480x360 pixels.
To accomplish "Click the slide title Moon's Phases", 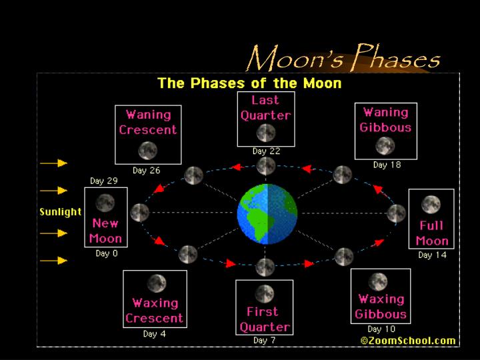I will [343, 58].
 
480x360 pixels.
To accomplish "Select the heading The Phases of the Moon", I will [249, 83].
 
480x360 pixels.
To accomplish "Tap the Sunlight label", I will [60, 212].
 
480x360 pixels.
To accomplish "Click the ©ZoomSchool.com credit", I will [408, 340].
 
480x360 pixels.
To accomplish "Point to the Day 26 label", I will [146, 171].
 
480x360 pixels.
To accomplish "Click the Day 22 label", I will [266, 151].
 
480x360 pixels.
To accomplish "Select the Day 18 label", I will [387, 165].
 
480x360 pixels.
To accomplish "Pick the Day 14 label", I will [432, 255].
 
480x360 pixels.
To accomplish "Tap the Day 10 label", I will [381, 329].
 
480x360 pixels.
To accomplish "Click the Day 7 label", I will [265, 341].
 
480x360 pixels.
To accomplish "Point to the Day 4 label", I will [154, 334].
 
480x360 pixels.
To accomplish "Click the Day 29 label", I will [104, 181].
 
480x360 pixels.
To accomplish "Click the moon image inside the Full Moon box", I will [431, 204].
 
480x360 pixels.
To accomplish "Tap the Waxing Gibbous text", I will [381, 307].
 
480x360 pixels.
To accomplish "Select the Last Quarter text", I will [265, 108].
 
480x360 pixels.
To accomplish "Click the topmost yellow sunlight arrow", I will [53, 163].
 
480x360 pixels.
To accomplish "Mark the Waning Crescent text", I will [148, 123].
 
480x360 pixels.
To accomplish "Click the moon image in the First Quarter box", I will [265, 294].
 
